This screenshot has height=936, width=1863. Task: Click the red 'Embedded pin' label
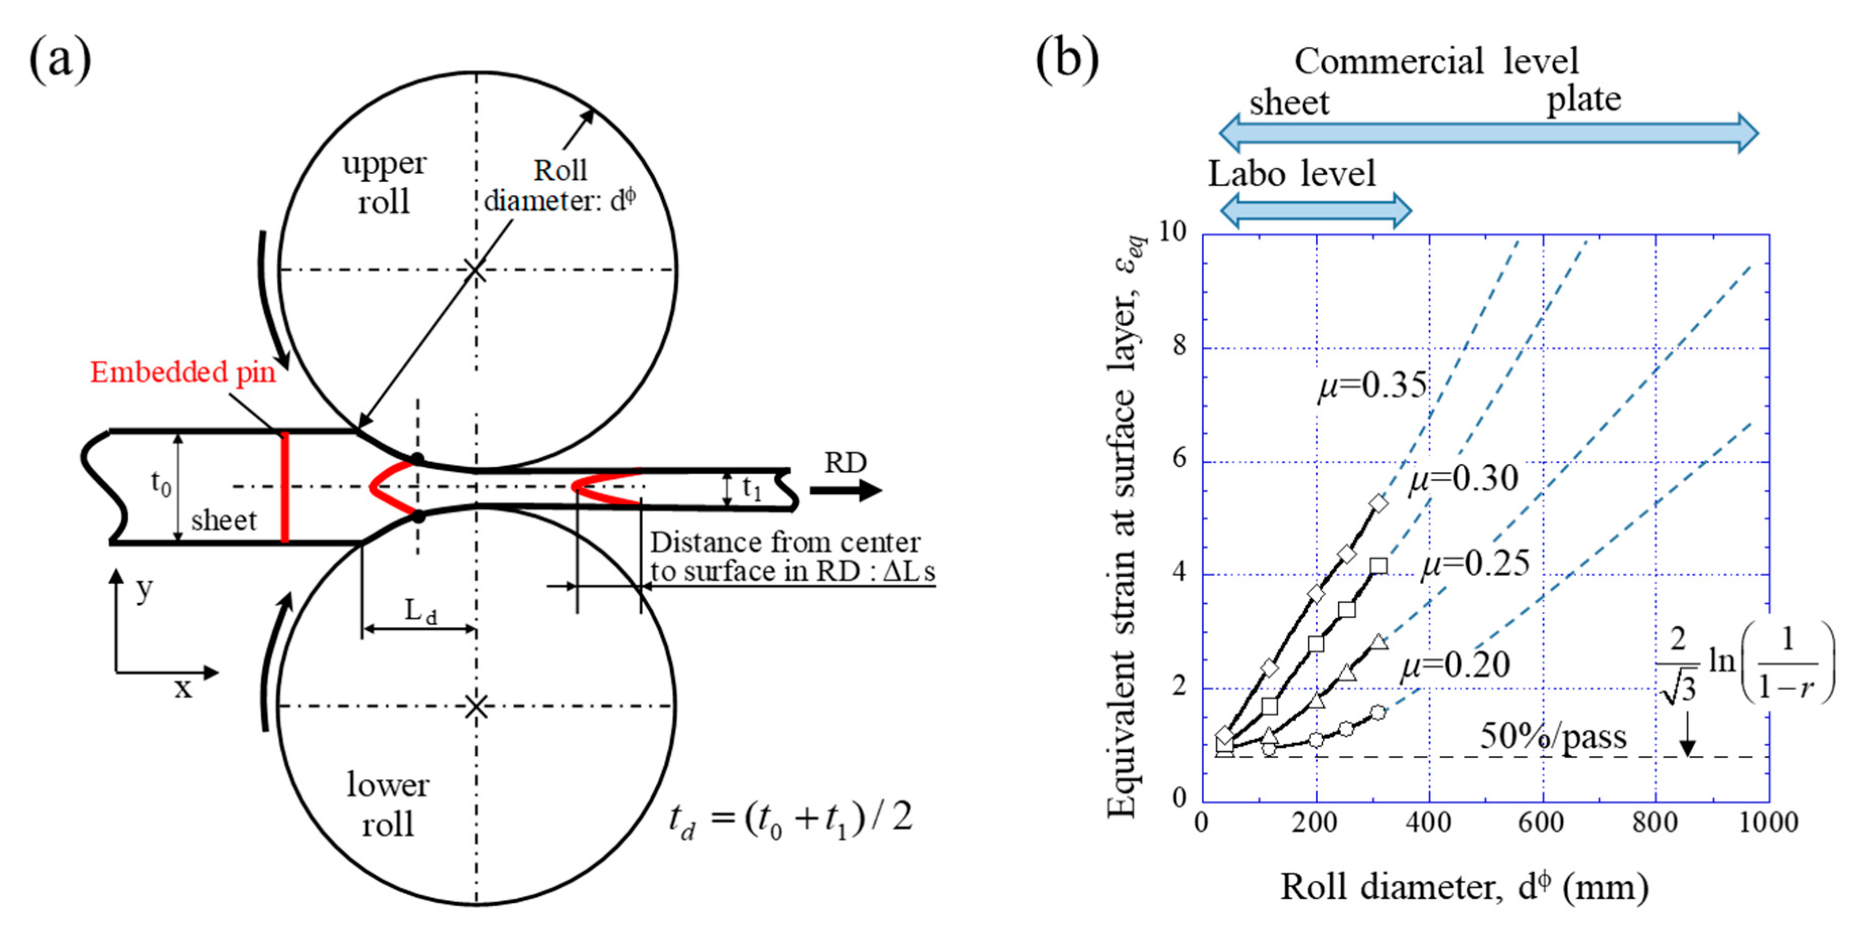(183, 372)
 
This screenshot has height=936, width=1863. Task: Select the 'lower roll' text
(388, 804)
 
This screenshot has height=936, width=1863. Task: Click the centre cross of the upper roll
(475, 270)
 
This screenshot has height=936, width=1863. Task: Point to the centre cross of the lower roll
(475, 706)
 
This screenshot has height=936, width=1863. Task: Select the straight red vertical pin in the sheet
(285, 486)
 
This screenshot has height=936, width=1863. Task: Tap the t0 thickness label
(161, 483)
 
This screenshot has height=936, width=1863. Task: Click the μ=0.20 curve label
(1455, 664)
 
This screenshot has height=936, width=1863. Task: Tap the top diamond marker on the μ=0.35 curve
(1378, 503)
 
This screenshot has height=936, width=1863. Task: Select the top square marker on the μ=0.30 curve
(1378, 565)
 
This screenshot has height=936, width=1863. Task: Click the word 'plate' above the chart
(1584, 99)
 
